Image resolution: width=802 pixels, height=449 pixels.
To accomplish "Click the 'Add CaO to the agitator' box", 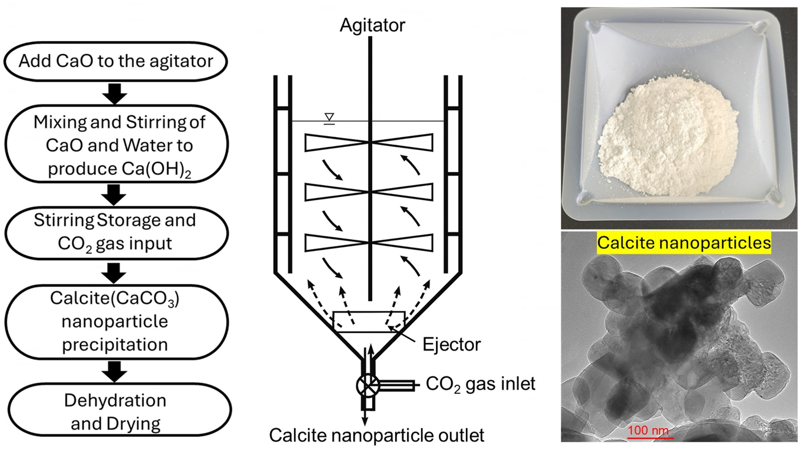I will tap(115, 61).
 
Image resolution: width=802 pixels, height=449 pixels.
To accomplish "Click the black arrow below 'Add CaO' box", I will tap(115, 94).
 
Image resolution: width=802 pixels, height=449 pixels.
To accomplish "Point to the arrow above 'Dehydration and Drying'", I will tap(115, 371).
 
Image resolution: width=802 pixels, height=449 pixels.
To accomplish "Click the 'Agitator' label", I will tap(372, 25).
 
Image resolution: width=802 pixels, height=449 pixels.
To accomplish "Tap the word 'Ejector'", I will tap(451, 345).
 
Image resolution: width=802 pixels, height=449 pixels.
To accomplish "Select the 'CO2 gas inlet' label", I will tap(480, 384).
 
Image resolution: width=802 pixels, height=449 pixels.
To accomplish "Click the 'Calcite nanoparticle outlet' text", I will tap(376, 435).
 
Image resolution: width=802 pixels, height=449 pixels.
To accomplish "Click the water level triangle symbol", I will tap(329, 117).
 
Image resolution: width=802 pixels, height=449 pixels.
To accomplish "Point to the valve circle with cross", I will tap(368, 386).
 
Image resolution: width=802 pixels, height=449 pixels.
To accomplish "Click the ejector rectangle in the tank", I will tap(369, 322).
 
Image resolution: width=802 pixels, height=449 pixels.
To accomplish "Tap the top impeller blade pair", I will tap(369, 142).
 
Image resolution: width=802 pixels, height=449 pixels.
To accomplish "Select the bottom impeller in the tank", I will tap(369, 243).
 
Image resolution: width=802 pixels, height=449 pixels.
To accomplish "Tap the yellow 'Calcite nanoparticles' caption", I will tap(684, 243).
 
